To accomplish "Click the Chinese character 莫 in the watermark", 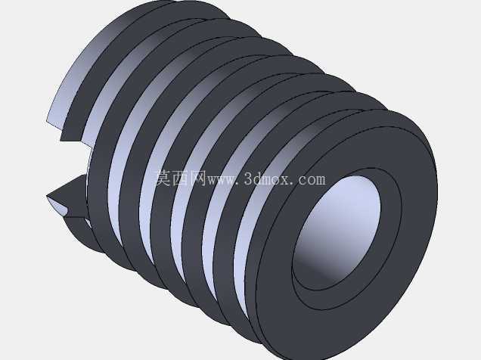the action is pyautogui.click(x=163, y=178).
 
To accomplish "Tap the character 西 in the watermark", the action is pyautogui.click(x=180, y=178).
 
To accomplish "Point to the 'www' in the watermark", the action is pyautogui.click(x=222, y=180).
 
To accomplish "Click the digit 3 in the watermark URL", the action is pyautogui.click(x=249, y=178).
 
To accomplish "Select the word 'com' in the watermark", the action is pyautogui.click(x=312, y=180).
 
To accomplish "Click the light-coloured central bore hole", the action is pyautogui.click(x=337, y=230).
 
